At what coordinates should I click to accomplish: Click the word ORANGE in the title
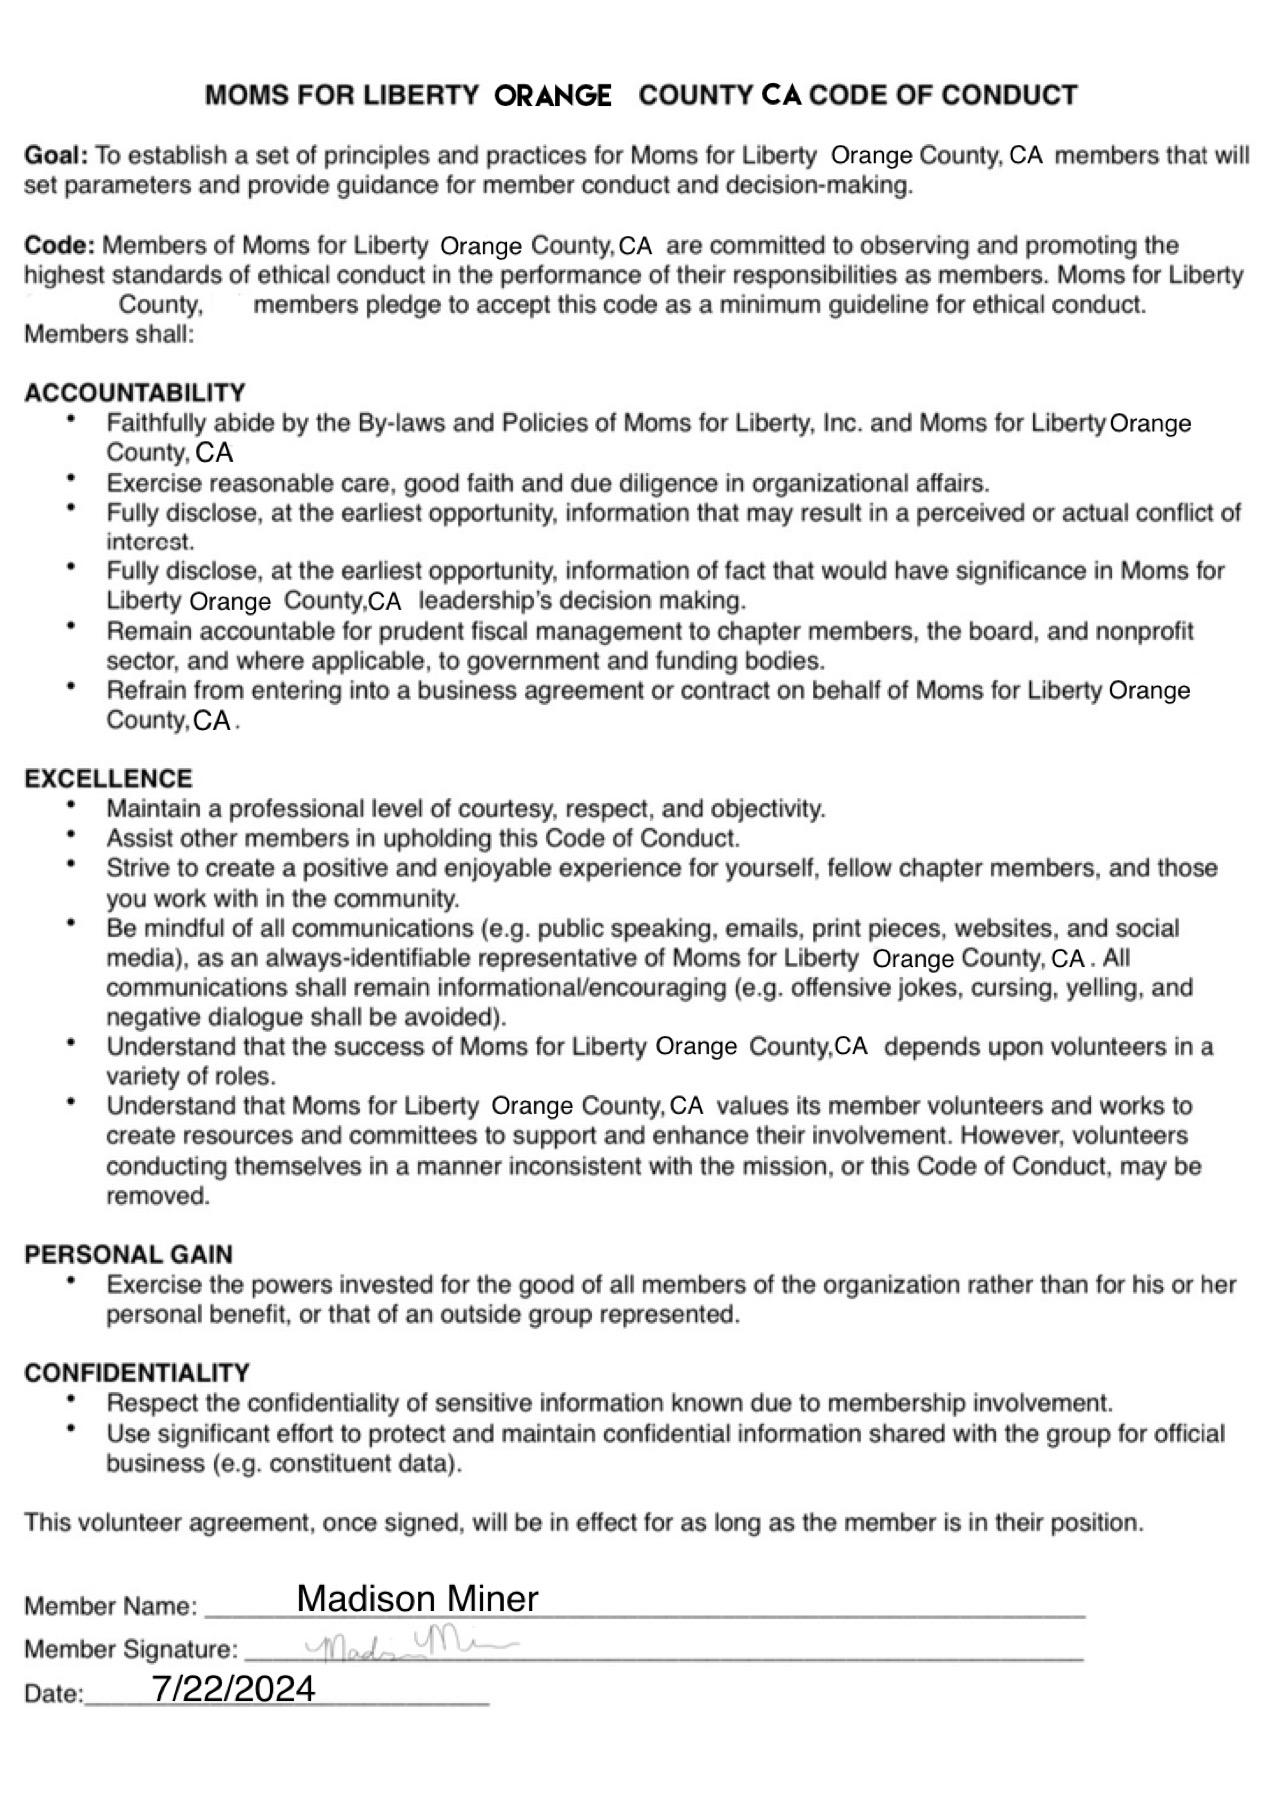pyautogui.click(x=553, y=96)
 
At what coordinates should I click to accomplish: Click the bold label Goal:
pyautogui.click(x=56, y=156)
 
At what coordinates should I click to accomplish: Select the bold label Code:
pyautogui.click(x=60, y=246)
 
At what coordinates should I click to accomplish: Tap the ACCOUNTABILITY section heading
pyautogui.click(x=135, y=393)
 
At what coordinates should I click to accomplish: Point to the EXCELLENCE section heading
pyautogui.click(x=108, y=779)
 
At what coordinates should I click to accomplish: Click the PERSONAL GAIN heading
pyautogui.click(x=128, y=1255)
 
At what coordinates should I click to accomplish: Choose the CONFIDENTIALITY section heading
pyautogui.click(x=137, y=1373)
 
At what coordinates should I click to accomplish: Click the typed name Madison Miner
pyautogui.click(x=417, y=1599)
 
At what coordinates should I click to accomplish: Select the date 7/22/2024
pyautogui.click(x=234, y=1689)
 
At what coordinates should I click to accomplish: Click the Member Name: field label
pyautogui.click(x=110, y=1607)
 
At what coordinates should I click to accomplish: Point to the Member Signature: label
pyautogui.click(x=131, y=1650)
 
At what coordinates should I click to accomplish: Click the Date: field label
pyautogui.click(x=54, y=1694)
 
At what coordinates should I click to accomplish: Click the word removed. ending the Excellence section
pyautogui.click(x=158, y=1196)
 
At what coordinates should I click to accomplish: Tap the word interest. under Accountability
pyautogui.click(x=150, y=542)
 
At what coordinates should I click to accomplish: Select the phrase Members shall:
pyautogui.click(x=108, y=334)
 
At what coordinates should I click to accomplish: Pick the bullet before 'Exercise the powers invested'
pyautogui.click(x=71, y=1281)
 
